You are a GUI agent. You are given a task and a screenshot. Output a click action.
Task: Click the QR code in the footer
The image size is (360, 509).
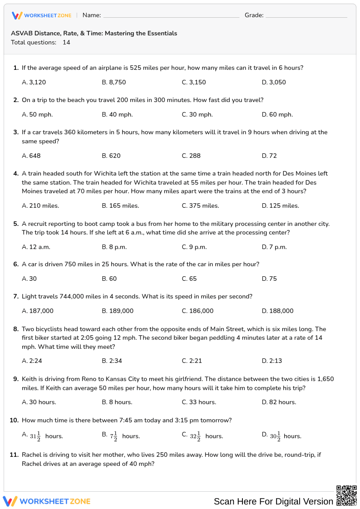pos(346,495)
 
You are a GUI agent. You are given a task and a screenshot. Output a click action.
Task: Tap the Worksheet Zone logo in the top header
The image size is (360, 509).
pos(42,15)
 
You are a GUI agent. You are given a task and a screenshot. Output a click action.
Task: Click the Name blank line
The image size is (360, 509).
pos(171,16)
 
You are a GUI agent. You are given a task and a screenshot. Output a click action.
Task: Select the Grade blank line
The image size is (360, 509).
pos(306,16)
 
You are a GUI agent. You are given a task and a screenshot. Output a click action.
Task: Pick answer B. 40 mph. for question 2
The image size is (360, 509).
pos(117,115)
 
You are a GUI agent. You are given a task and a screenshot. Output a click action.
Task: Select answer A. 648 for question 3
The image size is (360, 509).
pos(31,156)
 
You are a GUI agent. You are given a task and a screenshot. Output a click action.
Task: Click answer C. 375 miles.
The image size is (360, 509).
pos(200,206)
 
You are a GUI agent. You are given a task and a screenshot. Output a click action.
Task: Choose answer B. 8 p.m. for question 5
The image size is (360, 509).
pos(114,247)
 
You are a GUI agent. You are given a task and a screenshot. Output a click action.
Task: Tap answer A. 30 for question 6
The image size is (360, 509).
pos(30,279)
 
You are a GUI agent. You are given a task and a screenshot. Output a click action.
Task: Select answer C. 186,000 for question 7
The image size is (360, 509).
pos(197,311)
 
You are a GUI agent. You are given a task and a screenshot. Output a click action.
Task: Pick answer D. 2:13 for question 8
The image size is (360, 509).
pos(272,361)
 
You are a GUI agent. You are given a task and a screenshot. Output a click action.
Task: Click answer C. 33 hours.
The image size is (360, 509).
pos(199,402)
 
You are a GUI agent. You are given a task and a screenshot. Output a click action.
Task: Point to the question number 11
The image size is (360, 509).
pos(14,455)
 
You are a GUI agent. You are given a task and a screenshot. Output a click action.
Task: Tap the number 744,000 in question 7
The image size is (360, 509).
pos(75,297)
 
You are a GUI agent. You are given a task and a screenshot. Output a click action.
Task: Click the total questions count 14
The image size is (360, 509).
pos(66,43)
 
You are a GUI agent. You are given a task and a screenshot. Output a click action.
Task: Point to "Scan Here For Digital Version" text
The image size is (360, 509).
pos(273,501)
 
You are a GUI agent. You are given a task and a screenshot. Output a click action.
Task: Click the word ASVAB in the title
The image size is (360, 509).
pos(20,34)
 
